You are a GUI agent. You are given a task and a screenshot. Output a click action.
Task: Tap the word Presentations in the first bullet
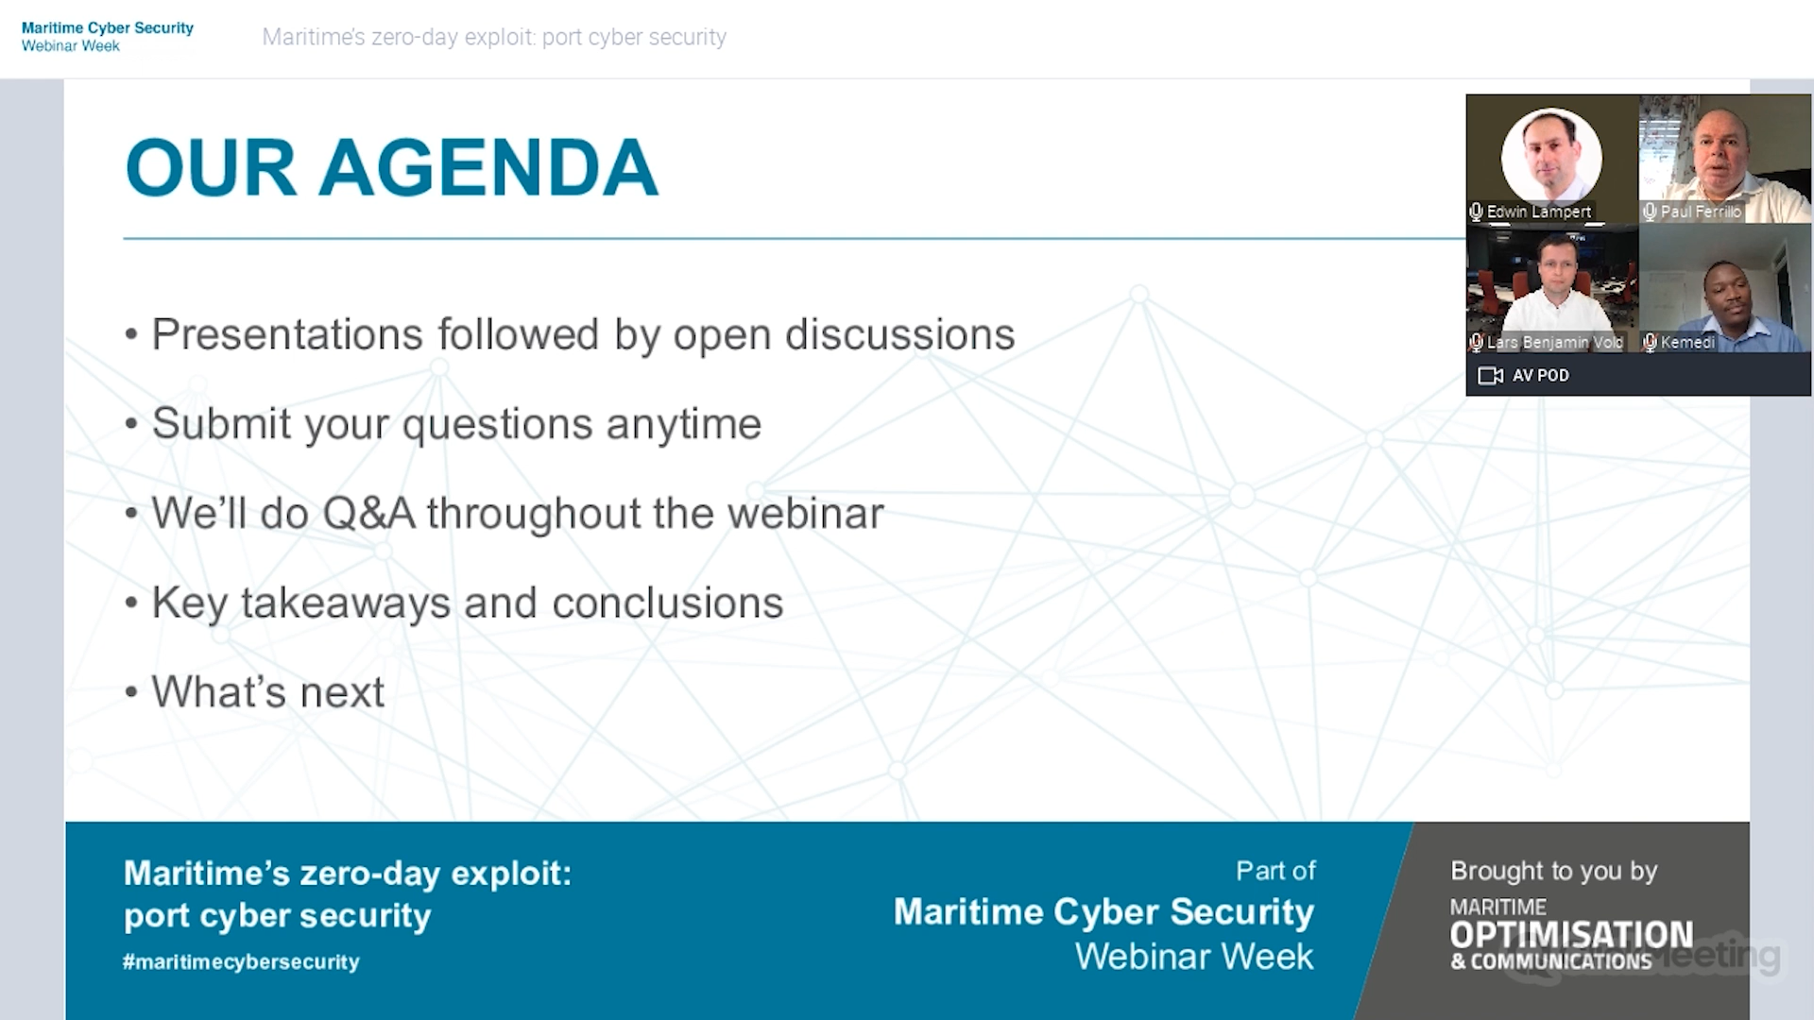(287, 334)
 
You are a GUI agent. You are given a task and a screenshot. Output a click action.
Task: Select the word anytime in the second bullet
(684, 424)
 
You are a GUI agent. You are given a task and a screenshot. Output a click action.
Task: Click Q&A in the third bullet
(368, 514)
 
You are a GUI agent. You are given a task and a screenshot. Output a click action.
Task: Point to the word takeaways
(346, 603)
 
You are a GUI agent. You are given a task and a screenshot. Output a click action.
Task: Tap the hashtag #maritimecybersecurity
(241, 961)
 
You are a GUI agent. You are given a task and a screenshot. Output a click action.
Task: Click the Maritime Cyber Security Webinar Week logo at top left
(108, 37)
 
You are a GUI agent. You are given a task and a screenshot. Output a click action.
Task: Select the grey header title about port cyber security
(494, 37)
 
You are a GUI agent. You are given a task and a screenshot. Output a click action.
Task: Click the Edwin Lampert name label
(1539, 212)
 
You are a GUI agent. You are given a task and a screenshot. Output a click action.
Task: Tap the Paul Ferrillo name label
(1701, 212)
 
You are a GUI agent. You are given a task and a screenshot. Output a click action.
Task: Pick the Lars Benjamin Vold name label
(1555, 342)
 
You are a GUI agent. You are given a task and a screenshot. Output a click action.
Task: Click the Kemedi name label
(1687, 342)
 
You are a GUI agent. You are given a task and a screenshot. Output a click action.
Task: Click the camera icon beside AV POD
(1490, 376)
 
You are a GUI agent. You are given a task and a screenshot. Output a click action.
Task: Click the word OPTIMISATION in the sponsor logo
(1571, 934)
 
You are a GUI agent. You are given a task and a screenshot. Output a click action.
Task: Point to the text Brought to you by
(1554, 871)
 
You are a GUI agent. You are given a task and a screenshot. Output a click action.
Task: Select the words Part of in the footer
(1275, 871)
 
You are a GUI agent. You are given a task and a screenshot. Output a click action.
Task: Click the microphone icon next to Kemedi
(1650, 342)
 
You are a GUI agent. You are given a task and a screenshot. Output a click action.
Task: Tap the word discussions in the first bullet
(899, 334)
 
